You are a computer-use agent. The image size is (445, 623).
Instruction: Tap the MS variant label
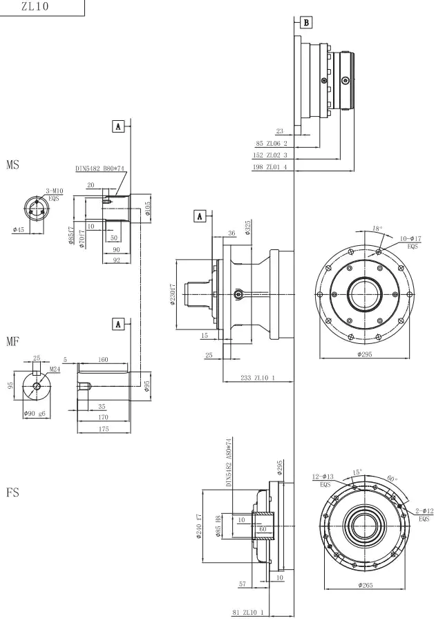point(12,167)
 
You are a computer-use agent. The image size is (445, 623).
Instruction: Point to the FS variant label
point(12,495)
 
